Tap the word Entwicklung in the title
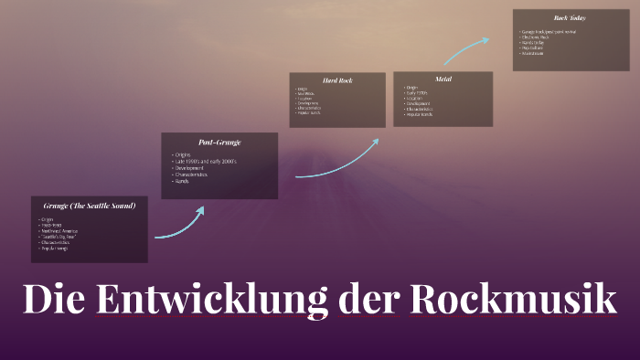coord(211,300)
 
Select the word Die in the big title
coord(55,300)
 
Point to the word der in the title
coord(368,300)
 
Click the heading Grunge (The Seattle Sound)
coord(89,206)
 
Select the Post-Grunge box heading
coord(219,142)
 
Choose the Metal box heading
coord(444,79)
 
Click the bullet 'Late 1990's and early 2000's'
coord(206,161)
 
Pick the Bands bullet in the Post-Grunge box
coord(183,182)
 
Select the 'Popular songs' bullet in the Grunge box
coord(56,248)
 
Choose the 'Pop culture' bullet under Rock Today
coord(535,48)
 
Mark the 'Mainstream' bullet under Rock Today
coord(534,54)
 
